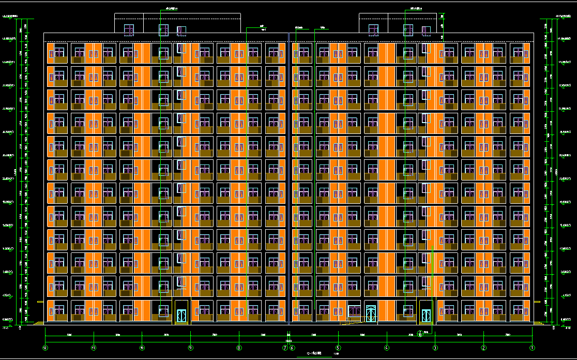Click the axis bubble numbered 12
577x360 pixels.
point(45,348)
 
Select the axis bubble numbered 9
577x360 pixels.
point(190,348)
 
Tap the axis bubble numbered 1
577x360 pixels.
point(532,348)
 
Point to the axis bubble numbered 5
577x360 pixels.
point(338,348)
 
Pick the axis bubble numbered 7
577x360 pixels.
point(285,348)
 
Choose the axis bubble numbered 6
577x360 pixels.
point(293,348)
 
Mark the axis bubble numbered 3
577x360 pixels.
point(435,348)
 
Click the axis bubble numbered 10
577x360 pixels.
point(142,348)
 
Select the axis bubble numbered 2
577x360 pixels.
point(484,348)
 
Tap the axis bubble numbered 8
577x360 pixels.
point(239,348)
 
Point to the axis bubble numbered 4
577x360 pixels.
point(387,348)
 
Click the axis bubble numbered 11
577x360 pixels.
point(94,348)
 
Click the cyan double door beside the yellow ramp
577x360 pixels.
point(371,313)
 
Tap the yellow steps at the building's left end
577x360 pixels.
point(39,324)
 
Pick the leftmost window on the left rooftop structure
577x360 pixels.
point(129,30)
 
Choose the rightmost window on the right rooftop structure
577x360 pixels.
point(426,31)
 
